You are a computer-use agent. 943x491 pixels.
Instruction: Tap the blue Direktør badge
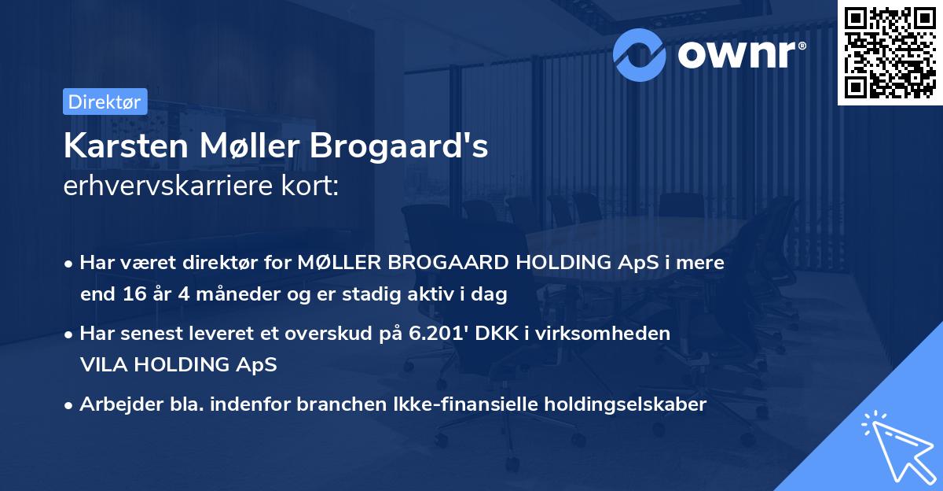[105, 102]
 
